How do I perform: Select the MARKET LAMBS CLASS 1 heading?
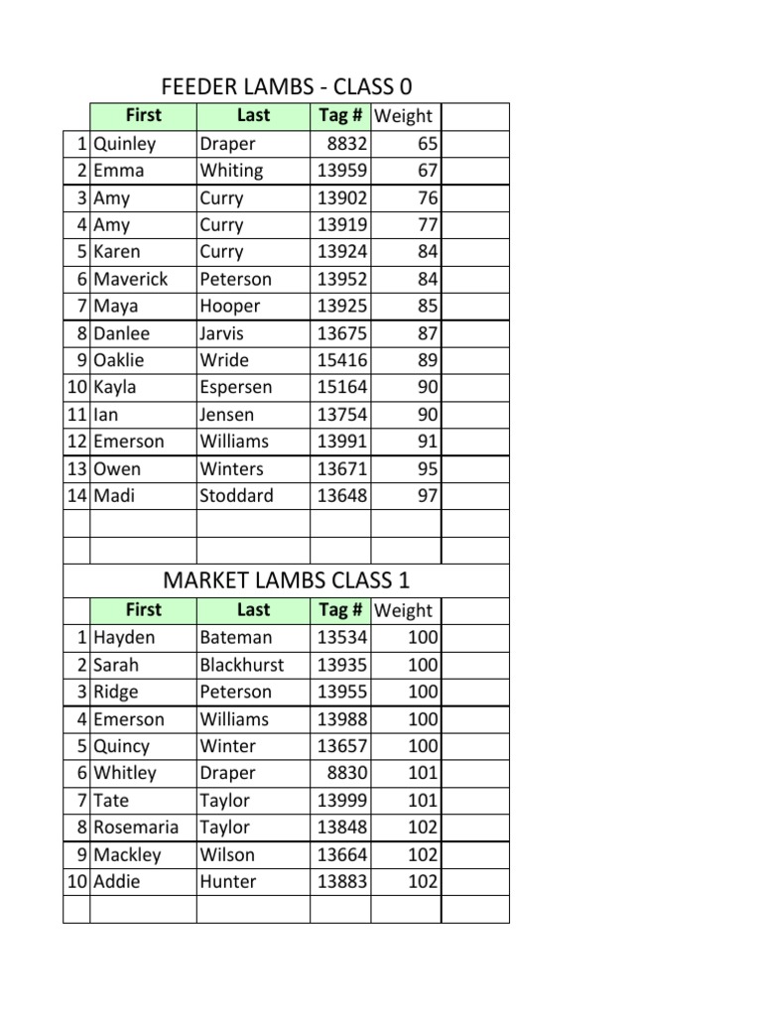[x=286, y=580]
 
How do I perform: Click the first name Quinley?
[x=125, y=144]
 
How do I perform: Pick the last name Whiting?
[x=231, y=171]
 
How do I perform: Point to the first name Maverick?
[x=131, y=279]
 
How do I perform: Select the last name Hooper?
[x=230, y=306]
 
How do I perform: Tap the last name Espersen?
[x=236, y=387]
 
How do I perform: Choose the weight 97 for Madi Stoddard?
[x=427, y=495]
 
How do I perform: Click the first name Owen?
[x=117, y=468]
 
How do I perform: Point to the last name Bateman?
[x=236, y=638]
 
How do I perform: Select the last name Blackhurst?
[x=242, y=665]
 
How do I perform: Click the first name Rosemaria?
[x=137, y=827]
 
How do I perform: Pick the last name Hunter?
[x=228, y=881]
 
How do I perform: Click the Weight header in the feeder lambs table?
[x=404, y=116]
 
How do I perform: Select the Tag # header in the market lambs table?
[x=340, y=610]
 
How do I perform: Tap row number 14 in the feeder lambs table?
[x=77, y=495]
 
